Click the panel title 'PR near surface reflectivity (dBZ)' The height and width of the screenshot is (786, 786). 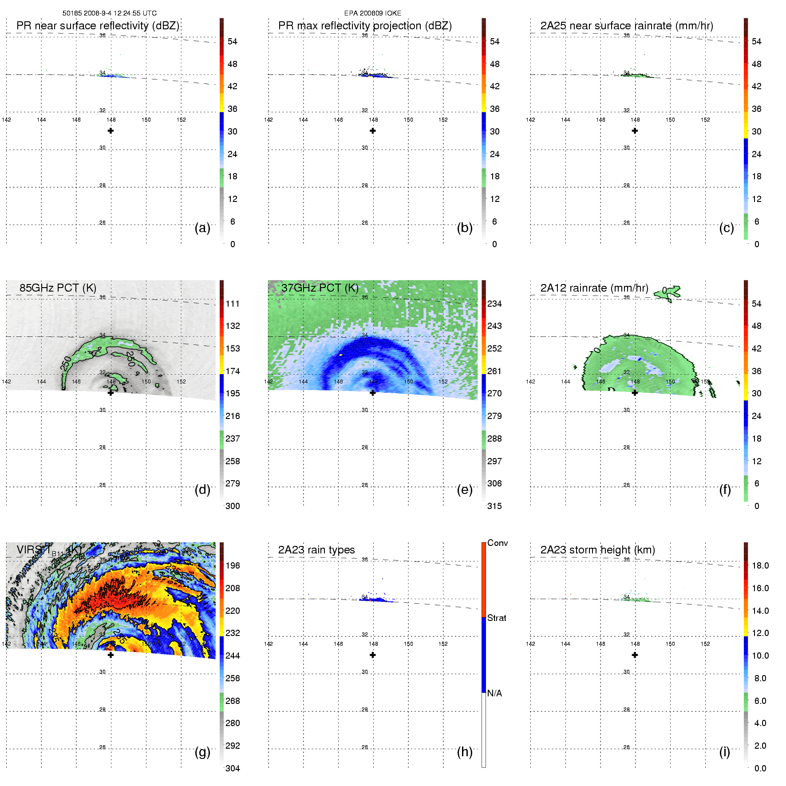click(x=98, y=26)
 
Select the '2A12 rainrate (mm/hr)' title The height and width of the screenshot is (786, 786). click(x=594, y=288)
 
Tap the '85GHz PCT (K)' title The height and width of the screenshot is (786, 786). click(x=58, y=288)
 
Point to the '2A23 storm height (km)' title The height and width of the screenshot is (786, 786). click(x=597, y=550)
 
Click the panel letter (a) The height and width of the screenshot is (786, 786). click(x=202, y=228)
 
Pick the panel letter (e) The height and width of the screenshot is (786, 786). click(x=464, y=490)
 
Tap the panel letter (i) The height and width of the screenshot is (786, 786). click(x=724, y=752)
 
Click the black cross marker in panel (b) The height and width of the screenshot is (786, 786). click(x=373, y=131)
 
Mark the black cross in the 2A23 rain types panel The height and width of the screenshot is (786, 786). click(x=373, y=655)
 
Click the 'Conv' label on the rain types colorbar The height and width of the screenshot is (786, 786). click(x=498, y=543)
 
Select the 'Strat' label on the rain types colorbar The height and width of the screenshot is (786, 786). click(x=497, y=618)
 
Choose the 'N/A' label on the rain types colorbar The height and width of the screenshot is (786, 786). click(x=494, y=693)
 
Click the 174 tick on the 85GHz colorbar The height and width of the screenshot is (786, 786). click(x=233, y=371)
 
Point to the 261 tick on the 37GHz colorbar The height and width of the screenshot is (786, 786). click(x=494, y=371)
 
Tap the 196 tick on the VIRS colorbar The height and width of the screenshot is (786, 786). click(x=233, y=565)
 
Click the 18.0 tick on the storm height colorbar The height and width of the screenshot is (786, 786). click(x=760, y=565)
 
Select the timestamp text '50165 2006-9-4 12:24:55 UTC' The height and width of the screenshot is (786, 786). click(x=110, y=13)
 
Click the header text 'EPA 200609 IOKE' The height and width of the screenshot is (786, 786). click(x=373, y=13)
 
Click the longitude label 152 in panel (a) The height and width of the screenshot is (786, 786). click(x=181, y=120)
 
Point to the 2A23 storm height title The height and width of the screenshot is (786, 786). click(x=597, y=550)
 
